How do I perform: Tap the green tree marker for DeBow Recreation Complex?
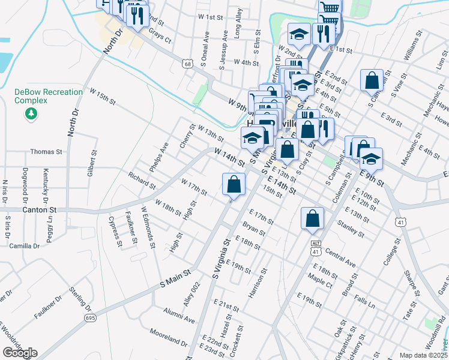click(x=34, y=113)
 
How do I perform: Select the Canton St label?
click(x=39, y=210)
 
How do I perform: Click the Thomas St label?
click(x=46, y=152)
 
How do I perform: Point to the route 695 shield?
click(x=90, y=317)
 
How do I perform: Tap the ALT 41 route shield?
click(x=316, y=248)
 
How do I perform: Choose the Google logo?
click(x=20, y=353)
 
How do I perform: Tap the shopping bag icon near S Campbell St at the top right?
click(x=372, y=81)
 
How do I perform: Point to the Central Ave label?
click(x=342, y=259)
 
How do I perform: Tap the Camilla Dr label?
click(x=24, y=246)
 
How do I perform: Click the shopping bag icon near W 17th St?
click(x=234, y=185)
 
